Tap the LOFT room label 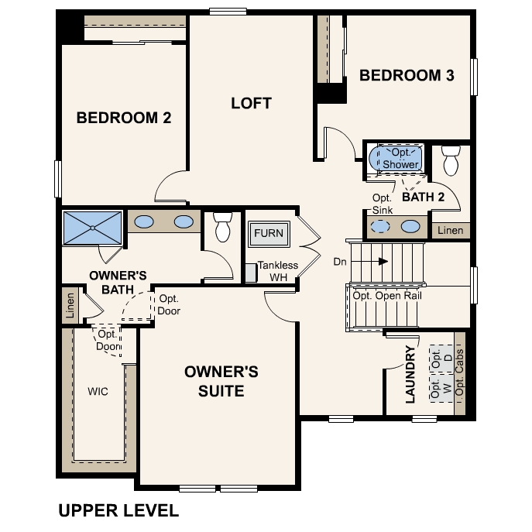tap(252, 103)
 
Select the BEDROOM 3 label tap(407, 75)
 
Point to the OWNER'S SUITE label tap(221, 381)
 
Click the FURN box tap(269, 233)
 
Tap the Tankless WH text tap(277, 271)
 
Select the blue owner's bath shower tap(91, 228)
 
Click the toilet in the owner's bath tap(223, 226)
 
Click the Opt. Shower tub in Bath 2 tap(400, 159)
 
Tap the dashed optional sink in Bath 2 tap(380, 227)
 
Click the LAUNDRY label tap(411, 375)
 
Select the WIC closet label tap(98, 391)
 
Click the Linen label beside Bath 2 tap(451, 231)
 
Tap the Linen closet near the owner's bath tap(70, 304)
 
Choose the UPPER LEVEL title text tap(118, 510)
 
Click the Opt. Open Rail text tap(386, 296)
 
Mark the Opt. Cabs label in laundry tap(459, 376)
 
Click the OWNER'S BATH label tap(118, 282)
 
